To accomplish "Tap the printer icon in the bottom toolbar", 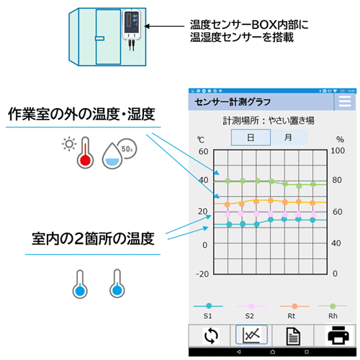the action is point(338,335).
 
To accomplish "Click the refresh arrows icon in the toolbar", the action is point(211,336).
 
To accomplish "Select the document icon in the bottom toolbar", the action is point(293,336).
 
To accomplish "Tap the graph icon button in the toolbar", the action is point(251,335).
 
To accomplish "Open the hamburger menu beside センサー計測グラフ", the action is point(345,102).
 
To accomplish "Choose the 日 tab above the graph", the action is point(251,138).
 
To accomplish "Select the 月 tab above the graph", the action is point(289,138).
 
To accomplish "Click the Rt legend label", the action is point(292,316).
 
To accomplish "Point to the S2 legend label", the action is point(250,316).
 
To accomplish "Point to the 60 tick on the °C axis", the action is point(203,151).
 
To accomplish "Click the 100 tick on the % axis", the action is point(338,150).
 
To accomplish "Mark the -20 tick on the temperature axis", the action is point(202,274).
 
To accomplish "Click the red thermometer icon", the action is point(85,153).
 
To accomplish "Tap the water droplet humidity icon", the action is point(112,156).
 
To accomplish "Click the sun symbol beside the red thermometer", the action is point(69,144).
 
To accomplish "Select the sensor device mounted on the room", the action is point(132,24).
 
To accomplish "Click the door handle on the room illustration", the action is point(99,38).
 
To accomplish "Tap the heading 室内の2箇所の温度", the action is point(93,238).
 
